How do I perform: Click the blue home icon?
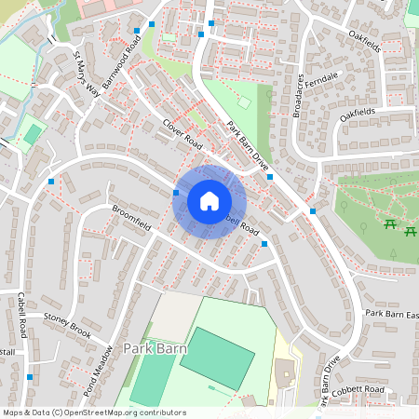[209, 200]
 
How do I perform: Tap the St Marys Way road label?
[87, 74]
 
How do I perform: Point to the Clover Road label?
[182, 136]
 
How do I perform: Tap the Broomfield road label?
[131, 221]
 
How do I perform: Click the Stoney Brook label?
[67, 325]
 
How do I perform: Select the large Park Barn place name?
[155, 348]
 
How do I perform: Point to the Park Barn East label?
[391, 314]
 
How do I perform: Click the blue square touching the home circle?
[176, 192]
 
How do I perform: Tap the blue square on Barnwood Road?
[151, 23]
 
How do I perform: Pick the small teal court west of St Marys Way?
[34, 135]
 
